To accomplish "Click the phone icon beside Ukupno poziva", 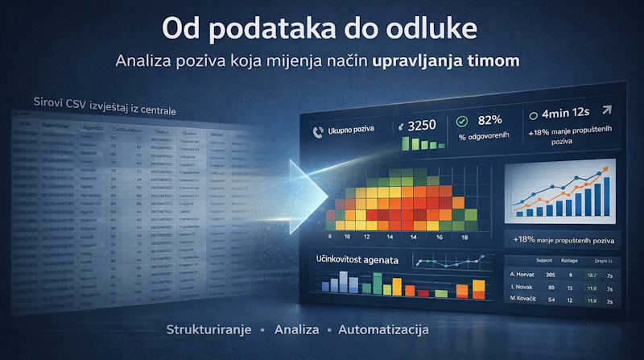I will tap(315, 129).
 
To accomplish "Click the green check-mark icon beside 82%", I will tap(461, 122).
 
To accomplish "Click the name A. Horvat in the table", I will tap(524, 275).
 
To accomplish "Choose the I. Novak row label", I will tap(523, 288).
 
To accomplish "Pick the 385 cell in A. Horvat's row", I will tap(551, 275).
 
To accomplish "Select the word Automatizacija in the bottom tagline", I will tap(384, 330).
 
